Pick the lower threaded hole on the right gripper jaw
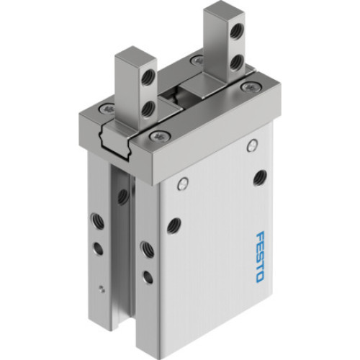235,63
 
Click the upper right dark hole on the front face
259,176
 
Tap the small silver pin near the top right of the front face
251,147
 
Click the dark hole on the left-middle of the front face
174,225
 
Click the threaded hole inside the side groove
123,195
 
